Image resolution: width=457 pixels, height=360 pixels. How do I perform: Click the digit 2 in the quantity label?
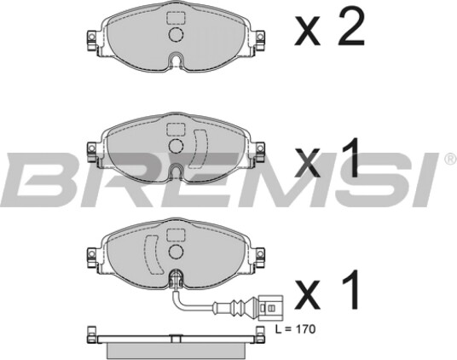coord(351,26)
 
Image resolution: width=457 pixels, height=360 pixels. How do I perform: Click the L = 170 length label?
coord(296,329)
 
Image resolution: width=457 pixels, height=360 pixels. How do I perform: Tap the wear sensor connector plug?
coord(271,308)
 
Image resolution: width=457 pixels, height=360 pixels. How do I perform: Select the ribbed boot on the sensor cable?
coord(240,307)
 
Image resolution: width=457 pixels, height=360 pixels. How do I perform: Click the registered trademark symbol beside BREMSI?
coord(450,160)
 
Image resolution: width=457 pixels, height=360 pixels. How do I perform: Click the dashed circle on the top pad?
coord(176,34)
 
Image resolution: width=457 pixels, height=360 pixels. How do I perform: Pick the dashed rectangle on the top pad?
coord(176,18)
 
